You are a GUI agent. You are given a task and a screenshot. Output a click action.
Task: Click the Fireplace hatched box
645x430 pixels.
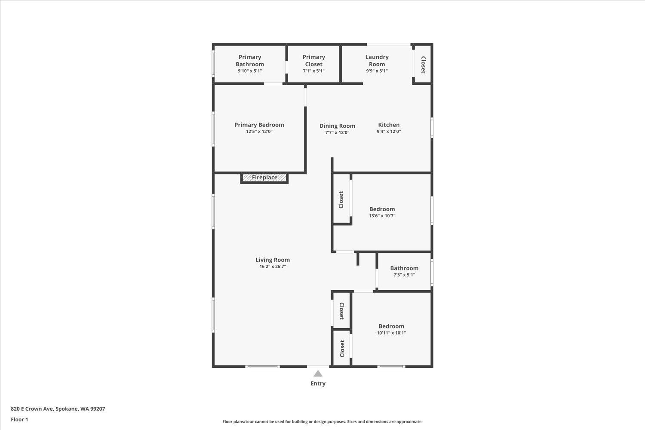tap(264, 178)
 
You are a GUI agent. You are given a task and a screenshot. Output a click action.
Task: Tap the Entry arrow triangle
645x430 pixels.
tap(318, 374)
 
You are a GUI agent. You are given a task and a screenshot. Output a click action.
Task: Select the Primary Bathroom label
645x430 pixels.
tap(250, 61)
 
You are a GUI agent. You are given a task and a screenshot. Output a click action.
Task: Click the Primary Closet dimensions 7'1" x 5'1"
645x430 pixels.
tap(313, 71)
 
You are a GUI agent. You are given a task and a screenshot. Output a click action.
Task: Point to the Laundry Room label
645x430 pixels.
tap(377, 61)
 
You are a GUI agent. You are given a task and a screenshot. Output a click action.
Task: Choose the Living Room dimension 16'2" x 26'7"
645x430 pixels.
tap(273, 267)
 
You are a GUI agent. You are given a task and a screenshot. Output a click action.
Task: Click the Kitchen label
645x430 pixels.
tap(389, 125)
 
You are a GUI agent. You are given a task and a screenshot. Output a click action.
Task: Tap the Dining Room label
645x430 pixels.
tap(337, 126)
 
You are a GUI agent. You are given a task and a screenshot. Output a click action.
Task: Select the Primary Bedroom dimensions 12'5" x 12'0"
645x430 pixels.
tap(259, 132)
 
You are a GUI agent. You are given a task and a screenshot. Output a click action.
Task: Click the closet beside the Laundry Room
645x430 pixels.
tap(423, 65)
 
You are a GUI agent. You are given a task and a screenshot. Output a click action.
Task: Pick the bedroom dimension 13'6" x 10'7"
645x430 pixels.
tap(382, 216)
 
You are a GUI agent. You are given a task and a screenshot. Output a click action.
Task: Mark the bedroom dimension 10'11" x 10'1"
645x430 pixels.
tap(391, 333)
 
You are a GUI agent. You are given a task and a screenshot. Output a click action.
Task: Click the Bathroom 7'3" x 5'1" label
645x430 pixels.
tap(404, 268)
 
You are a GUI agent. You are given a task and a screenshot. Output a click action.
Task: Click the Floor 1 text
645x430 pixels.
tap(19, 419)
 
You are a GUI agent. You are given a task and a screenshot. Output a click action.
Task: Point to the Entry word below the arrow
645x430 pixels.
tap(318, 384)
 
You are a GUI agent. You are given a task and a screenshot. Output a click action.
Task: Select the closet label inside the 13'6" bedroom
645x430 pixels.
tap(341, 200)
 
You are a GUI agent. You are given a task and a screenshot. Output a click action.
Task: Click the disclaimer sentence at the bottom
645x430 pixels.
tap(322, 422)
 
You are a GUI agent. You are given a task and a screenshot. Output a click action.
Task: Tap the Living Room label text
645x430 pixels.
tap(273, 260)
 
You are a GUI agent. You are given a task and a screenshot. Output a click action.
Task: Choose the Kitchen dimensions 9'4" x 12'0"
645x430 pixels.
tap(389, 132)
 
